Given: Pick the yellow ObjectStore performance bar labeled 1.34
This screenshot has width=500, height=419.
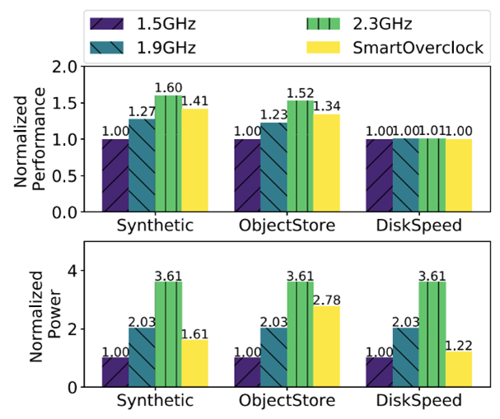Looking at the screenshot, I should (327, 163).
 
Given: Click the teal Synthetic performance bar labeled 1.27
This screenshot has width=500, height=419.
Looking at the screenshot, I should (142, 165).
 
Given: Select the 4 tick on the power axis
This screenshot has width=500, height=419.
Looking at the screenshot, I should (69, 271).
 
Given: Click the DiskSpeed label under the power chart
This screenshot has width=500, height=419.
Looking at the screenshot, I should (419, 401).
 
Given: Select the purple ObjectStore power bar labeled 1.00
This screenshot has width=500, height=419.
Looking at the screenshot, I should (247, 372).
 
